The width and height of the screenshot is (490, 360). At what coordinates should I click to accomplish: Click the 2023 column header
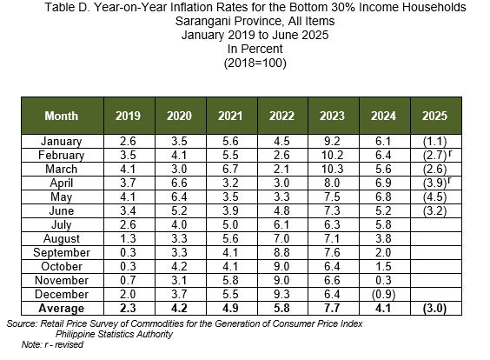[x=332, y=116]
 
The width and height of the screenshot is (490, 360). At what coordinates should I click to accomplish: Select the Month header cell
[x=61, y=116]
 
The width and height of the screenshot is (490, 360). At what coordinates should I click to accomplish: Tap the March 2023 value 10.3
[x=332, y=169]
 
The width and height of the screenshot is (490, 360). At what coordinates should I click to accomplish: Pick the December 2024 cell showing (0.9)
[x=383, y=294]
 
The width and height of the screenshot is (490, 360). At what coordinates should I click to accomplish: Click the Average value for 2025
[x=434, y=309]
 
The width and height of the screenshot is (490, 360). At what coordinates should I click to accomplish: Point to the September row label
[x=62, y=252]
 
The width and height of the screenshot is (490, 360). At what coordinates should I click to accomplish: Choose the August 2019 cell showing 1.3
[x=128, y=238]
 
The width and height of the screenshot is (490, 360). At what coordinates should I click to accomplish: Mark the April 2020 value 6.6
[x=179, y=183]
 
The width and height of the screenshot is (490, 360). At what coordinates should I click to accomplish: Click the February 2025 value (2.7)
[x=434, y=155]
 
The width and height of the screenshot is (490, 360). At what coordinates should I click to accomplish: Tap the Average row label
[x=61, y=309]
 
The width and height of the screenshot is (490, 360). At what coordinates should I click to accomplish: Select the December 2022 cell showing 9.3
[x=281, y=294]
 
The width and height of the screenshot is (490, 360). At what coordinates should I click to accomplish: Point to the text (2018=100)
[x=255, y=63]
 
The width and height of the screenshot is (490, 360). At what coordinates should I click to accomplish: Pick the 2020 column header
[x=179, y=116]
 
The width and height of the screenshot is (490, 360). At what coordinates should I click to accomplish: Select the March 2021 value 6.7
[x=230, y=169]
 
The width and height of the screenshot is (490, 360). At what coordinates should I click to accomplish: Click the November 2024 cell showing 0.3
[x=383, y=280]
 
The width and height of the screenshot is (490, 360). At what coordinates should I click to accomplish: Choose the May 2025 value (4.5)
[x=434, y=197]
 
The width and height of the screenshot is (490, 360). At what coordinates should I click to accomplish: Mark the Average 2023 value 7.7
[x=332, y=309]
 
